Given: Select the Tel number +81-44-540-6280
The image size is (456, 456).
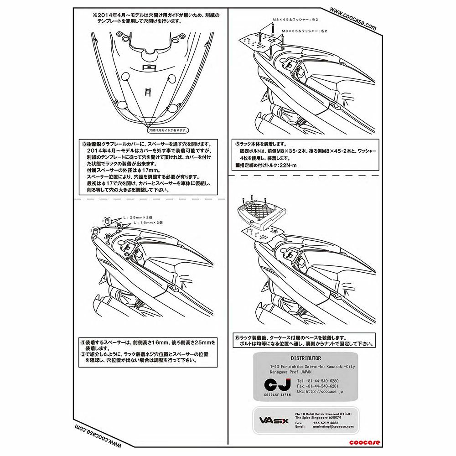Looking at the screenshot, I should point(317,380).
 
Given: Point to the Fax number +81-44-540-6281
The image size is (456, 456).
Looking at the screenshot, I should point(317,386).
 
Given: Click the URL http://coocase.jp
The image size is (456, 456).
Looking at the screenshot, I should point(320,391).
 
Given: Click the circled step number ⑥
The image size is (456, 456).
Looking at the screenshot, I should point(237,337).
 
